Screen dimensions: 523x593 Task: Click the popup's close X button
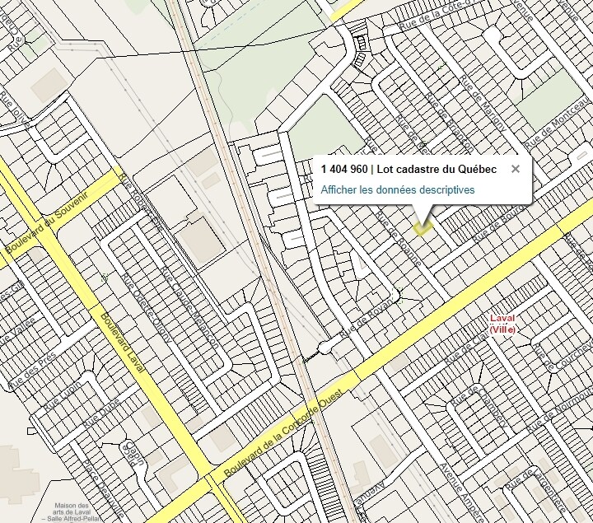pyautogui.click(x=516, y=169)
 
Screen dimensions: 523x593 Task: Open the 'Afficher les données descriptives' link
pyautogui.click(x=397, y=189)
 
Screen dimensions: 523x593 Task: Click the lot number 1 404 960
pyautogui.click(x=344, y=169)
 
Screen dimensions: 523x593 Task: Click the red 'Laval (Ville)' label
pyautogui.click(x=502, y=324)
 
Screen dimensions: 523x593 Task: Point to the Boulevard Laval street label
pyautogui.click(x=122, y=343)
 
